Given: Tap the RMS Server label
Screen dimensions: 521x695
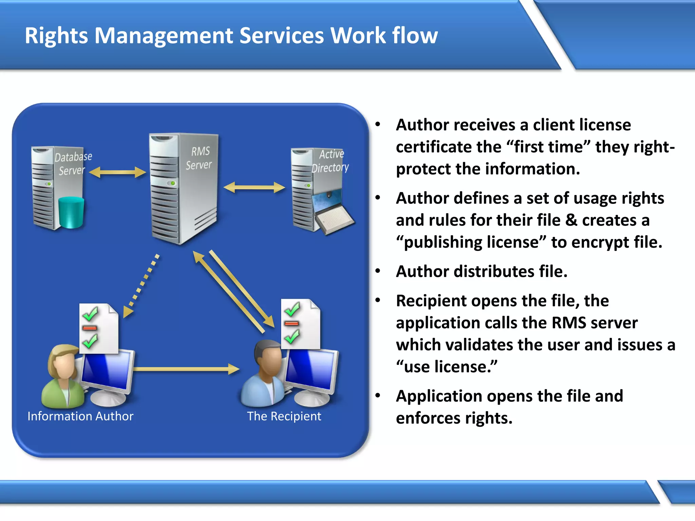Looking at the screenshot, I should pos(199,158).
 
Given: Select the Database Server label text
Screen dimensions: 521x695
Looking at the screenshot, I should pos(73,163).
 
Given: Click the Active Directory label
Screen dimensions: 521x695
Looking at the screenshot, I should pos(330,161).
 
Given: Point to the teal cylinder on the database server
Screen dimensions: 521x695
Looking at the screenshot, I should pos(71,213).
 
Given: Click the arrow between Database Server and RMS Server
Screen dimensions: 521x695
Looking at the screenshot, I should pos(117,172).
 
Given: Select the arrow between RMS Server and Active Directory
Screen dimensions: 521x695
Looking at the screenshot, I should pos(254,187).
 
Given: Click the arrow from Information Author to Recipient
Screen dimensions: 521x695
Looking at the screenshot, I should pos(186,369).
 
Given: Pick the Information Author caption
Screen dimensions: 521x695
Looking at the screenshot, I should pos(80,416).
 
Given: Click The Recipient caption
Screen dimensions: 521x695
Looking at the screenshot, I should pos(284,416).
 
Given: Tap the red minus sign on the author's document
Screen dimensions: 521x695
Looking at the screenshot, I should pos(90,328).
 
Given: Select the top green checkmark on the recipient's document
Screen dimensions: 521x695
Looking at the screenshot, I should pos(292,309).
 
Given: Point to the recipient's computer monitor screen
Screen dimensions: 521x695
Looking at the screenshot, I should pos(311,370).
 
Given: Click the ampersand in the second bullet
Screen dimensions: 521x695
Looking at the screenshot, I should pos(571,220).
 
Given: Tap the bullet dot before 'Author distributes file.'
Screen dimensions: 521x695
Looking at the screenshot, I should pos(378,271).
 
